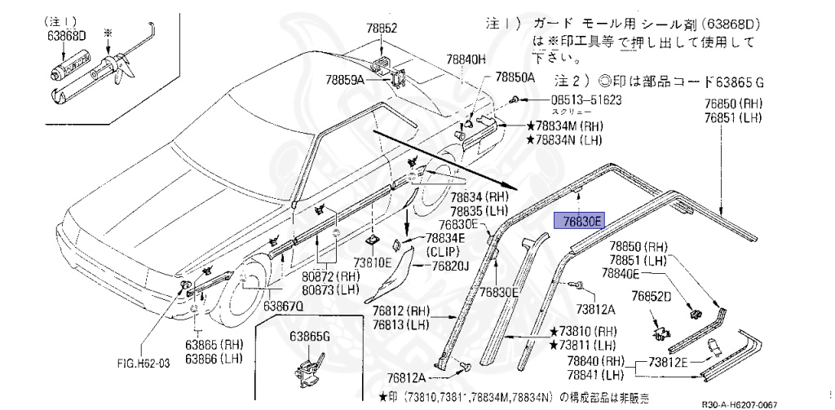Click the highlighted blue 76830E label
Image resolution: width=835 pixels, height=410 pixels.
click(x=578, y=220)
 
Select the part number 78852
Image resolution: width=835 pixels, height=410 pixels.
click(x=381, y=29)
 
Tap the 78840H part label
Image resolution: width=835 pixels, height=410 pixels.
click(x=466, y=60)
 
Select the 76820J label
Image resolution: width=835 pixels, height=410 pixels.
click(x=451, y=266)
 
